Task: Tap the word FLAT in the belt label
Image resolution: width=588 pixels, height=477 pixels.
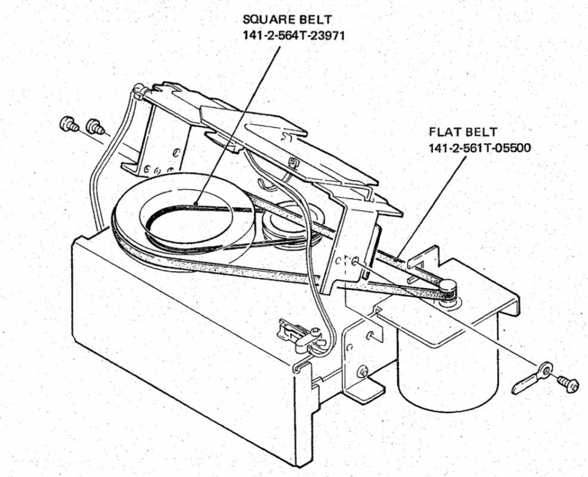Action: click(445, 132)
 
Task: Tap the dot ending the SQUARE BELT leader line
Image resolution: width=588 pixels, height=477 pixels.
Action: click(197, 205)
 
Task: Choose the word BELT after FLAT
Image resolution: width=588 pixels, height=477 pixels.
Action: click(484, 132)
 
